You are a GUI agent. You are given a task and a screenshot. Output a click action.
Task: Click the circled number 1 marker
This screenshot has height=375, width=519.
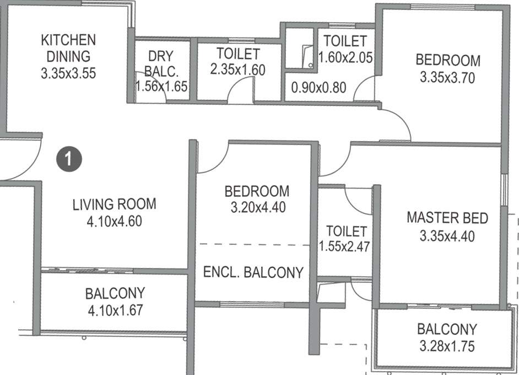[69, 159]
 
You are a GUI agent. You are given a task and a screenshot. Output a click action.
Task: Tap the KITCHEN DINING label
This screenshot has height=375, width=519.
[68, 48]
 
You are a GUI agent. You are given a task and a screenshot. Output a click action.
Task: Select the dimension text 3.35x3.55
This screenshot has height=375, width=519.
[68, 73]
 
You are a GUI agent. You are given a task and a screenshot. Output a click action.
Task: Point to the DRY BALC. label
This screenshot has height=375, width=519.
[161, 63]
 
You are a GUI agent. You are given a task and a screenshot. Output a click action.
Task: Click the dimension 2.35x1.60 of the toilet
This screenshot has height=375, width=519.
[237, 69]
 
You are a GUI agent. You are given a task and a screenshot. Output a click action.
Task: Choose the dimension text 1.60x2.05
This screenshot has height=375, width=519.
[345, 57]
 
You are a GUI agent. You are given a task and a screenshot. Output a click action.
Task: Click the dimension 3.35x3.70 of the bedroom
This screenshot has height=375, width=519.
[447, 78]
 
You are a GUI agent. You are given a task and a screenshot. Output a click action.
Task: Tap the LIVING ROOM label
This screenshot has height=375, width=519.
[115, 204]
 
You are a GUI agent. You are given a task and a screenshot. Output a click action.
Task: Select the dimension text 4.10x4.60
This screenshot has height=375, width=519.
[115, 222]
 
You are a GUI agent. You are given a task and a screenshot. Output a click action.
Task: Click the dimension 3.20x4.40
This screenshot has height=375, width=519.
[257, 208]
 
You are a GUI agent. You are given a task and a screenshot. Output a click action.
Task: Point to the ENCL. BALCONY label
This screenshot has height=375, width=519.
[253, 272]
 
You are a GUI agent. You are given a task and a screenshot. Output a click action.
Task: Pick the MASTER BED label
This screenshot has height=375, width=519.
[447, 218]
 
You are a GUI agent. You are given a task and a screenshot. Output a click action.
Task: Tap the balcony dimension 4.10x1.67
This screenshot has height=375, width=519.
[115, 310]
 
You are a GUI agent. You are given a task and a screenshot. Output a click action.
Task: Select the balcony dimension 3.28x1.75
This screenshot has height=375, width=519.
[446, 346]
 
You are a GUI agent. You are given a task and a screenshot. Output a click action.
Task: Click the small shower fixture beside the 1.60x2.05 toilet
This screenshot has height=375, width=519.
[306, 57]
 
